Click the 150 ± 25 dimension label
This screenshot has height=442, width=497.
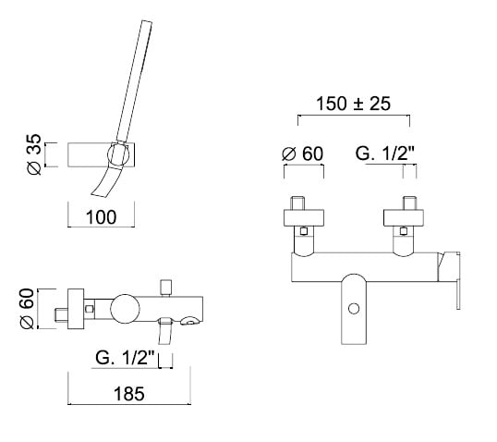coord(354,104)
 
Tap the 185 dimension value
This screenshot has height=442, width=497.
coord(129,393)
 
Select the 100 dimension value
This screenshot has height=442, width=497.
coord(101,217)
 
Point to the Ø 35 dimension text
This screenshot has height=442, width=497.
coord(34,154)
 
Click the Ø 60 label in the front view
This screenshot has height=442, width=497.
coord(302,153)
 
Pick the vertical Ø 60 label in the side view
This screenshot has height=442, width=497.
coord(27,309)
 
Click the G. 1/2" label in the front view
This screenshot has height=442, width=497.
coord(385,153)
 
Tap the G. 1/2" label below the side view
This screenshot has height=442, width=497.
coord(125,358)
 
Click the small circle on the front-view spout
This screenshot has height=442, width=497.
coord(354,309)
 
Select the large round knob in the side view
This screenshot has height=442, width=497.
coord(126,309)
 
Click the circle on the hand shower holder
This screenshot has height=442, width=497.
coord(118,153)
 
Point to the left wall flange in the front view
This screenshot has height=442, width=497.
coord(304,217)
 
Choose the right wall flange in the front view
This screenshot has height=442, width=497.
coord(404,217)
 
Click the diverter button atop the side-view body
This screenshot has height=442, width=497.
coord(166,288)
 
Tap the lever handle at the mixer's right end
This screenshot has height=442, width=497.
coord(449,279)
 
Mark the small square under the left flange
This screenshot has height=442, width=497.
coord(304,231)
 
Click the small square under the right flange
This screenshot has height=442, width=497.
coord(404,231)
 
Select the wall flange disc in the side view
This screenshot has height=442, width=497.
coord(76,309)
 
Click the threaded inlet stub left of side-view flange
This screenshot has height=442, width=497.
coord(62,314)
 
